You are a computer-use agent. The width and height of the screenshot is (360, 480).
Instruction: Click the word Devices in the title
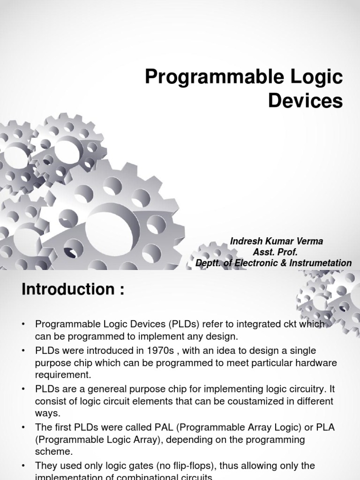(306, 101)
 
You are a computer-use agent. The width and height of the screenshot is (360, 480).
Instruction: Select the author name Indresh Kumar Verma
(277, 241)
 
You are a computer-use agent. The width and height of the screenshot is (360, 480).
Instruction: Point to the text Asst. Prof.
(276, 252)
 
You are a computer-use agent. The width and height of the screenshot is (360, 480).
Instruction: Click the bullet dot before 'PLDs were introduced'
(24, 351)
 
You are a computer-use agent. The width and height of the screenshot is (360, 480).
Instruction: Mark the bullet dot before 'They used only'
(24, 466)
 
